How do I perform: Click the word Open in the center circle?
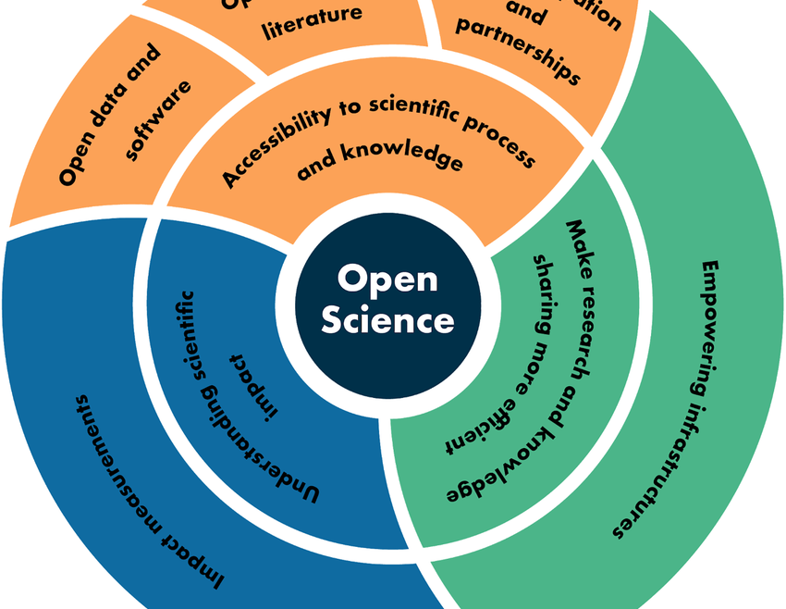click(387, 278)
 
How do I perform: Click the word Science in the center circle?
click(387, 320)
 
